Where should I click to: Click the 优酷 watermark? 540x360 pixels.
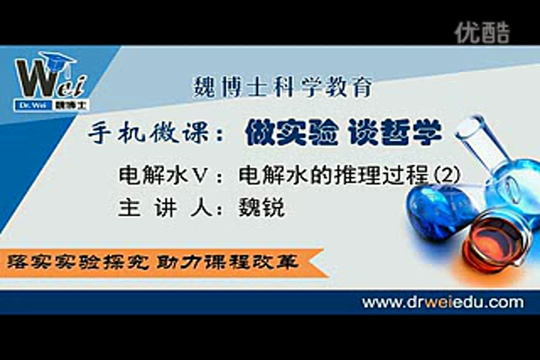click(481, 33)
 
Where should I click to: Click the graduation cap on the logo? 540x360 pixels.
click(58, 59)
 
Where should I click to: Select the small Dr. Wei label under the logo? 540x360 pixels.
click(33, 106)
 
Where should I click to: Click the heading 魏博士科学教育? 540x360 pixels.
click(283, 87)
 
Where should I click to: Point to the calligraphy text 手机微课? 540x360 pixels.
click(148, 133)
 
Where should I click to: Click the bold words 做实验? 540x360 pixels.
click(291, 132)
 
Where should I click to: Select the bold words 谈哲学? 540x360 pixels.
click(394, 132)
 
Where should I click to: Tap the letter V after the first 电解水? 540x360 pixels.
click(200, 175)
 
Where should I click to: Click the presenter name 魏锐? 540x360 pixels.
click(262, 208)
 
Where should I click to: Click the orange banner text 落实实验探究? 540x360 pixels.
click(77, 262)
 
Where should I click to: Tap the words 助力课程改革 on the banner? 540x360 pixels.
click(227, 262)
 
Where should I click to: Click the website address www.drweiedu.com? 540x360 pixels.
click(443, 302)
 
